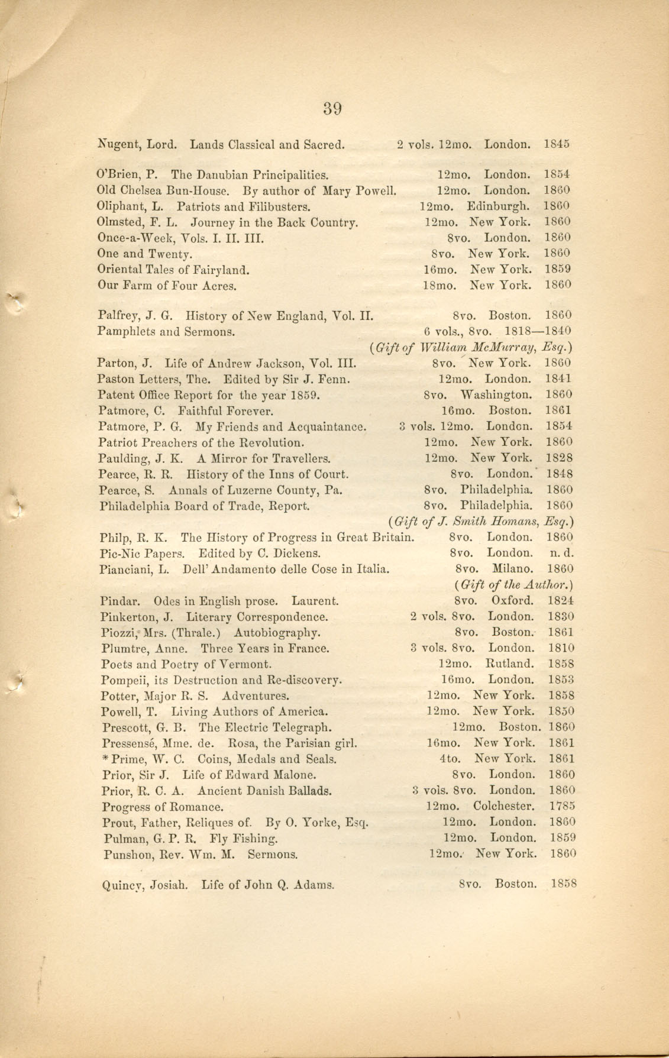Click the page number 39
click(333, 108)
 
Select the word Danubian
click(222, 175)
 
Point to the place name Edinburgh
click(498, 206)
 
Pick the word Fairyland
click(222, 270)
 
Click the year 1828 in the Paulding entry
click(559, 458)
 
